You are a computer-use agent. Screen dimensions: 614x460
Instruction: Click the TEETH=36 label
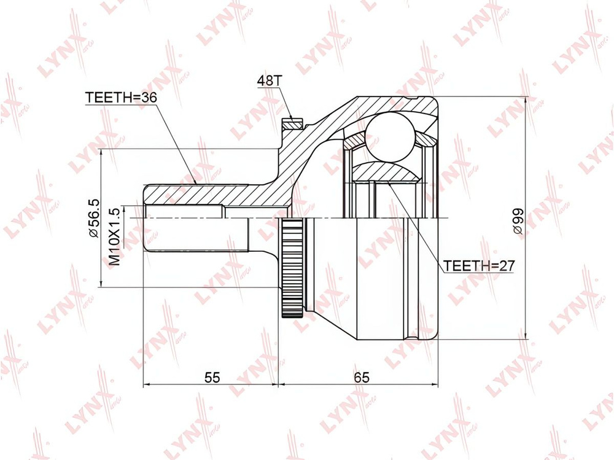120,97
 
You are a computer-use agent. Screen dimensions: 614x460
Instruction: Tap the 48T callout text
269,80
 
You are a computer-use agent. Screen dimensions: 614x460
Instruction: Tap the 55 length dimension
212,377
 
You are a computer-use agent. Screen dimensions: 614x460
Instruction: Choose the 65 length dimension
361,377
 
